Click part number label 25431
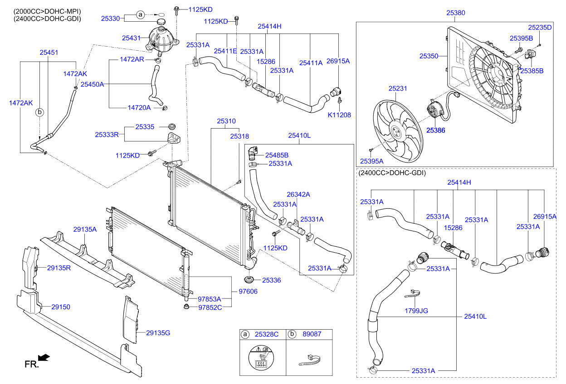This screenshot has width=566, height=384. pos(132,38)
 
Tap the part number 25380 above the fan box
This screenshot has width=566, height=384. pos(455,14)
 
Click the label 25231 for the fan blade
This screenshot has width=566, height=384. pos(398,89)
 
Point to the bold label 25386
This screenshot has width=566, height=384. pos(436,130)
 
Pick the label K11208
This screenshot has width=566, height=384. pos(339,115)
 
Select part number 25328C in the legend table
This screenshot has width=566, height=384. pos(267,335)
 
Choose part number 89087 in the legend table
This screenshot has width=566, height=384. pos(312,335)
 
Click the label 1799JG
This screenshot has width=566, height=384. pos(416,311)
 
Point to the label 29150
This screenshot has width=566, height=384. pos(60,307)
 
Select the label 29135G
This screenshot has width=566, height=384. pos(158,333)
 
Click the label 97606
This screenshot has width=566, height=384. pos(248,291)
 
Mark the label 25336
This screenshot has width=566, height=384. pos(271,280)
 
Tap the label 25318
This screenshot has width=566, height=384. pos(239,136)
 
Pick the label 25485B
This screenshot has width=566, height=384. pos(277,155)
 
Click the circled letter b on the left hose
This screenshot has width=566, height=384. pos(40,111)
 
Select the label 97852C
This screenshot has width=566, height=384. pos(210,308)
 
